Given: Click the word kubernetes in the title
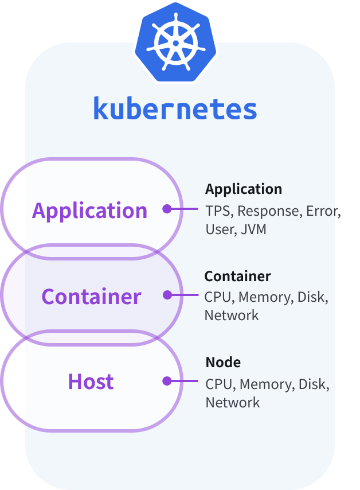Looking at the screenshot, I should tap(175, 109).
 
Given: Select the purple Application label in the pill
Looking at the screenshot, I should tap(90, 211).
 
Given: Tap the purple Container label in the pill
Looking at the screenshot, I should tap(91, 296).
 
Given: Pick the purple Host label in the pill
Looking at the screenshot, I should tap(91, 382).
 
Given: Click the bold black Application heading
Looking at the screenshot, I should tap(244, 189).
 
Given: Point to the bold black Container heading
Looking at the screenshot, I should tap(237, 276).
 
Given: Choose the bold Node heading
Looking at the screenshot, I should tap(223, 363).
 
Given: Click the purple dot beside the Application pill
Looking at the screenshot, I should tap(167, 209).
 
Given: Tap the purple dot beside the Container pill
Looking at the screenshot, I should tap(167, 295).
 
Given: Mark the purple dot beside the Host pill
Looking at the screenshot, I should tap(167, 381).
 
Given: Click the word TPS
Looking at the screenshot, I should tap(218, 211).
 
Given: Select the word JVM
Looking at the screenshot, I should tap(253, 230).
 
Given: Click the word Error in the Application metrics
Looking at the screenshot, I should tap(322, 211).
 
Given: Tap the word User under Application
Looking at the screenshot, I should tap(220, 230).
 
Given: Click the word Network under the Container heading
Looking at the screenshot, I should tap(232, 316).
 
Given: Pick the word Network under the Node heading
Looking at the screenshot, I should tap(233, 402).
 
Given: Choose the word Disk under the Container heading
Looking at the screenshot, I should tap(313, 297).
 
